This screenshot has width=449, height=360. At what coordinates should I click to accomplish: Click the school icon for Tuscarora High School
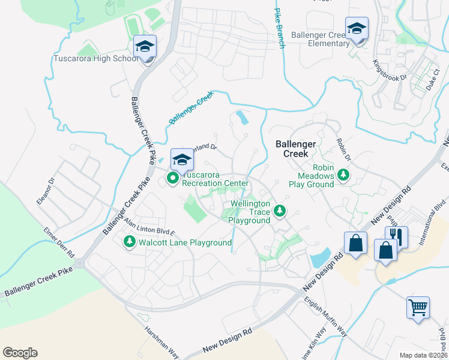pyautogui.click(x=145, y=46)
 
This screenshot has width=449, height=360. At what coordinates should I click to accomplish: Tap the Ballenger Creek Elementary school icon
pyautogui.click(x=357, y=28)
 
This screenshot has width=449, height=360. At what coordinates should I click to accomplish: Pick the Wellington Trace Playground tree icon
pyautogui.click(x=279, y=211)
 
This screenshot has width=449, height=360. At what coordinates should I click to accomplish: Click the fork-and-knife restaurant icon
pyautogui.click(x=397, y=236)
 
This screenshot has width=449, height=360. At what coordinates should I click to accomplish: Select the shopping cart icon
pyautogui.click(x=418, y=307)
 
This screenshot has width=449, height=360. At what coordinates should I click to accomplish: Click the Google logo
pyautogui.click(x=20, y=353)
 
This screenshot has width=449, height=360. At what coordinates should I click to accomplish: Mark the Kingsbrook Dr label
pyautogui.click(x=389, y=70)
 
